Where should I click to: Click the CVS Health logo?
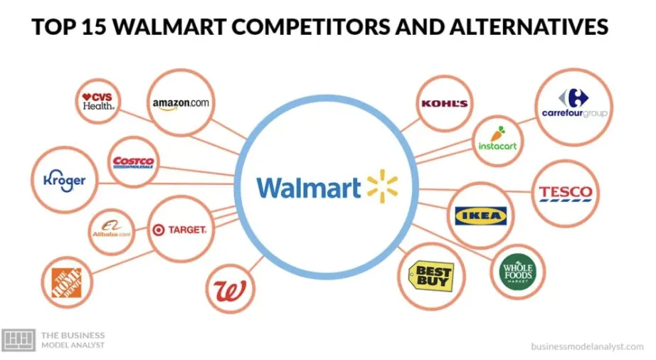99,101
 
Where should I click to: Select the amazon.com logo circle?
181,102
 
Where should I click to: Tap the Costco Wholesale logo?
134,162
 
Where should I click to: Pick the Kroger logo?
64,179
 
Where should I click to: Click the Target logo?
179,230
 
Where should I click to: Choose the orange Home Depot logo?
67,282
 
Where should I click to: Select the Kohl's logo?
445,104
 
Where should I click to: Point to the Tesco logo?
565,192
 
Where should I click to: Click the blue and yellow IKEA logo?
481,214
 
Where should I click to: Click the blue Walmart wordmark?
309,188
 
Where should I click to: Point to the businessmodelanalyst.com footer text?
586,346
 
